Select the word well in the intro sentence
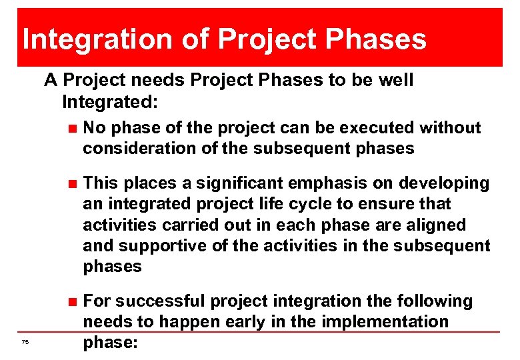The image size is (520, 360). (395, 81)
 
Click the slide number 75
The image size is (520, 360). (25, 342)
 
